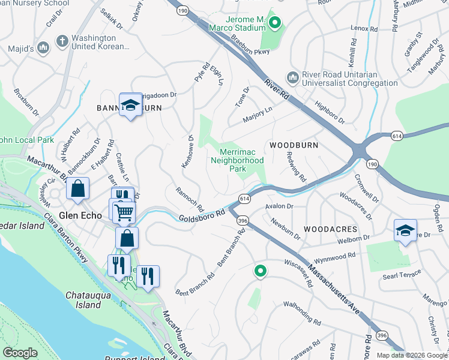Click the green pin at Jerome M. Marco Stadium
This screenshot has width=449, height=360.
click(275, 23)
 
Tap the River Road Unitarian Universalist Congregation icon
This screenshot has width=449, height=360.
click(293, 77)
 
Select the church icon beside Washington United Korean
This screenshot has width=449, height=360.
click(61, 41)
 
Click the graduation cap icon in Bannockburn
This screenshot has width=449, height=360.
click(130, 106)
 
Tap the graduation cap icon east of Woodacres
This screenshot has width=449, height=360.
click(405, 230)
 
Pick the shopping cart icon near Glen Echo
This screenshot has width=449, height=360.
click(124, 211)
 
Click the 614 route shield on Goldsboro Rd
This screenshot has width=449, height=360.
click(244, 198)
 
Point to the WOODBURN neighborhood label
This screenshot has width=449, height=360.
click(294, 145)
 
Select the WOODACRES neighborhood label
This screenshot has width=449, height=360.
click(330, 229)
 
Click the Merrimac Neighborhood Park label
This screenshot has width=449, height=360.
click(238, 160)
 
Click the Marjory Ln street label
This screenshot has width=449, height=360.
click(258, 115)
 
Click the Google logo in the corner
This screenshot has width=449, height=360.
click(20, 353)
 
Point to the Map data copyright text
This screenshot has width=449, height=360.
click(411, 355)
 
